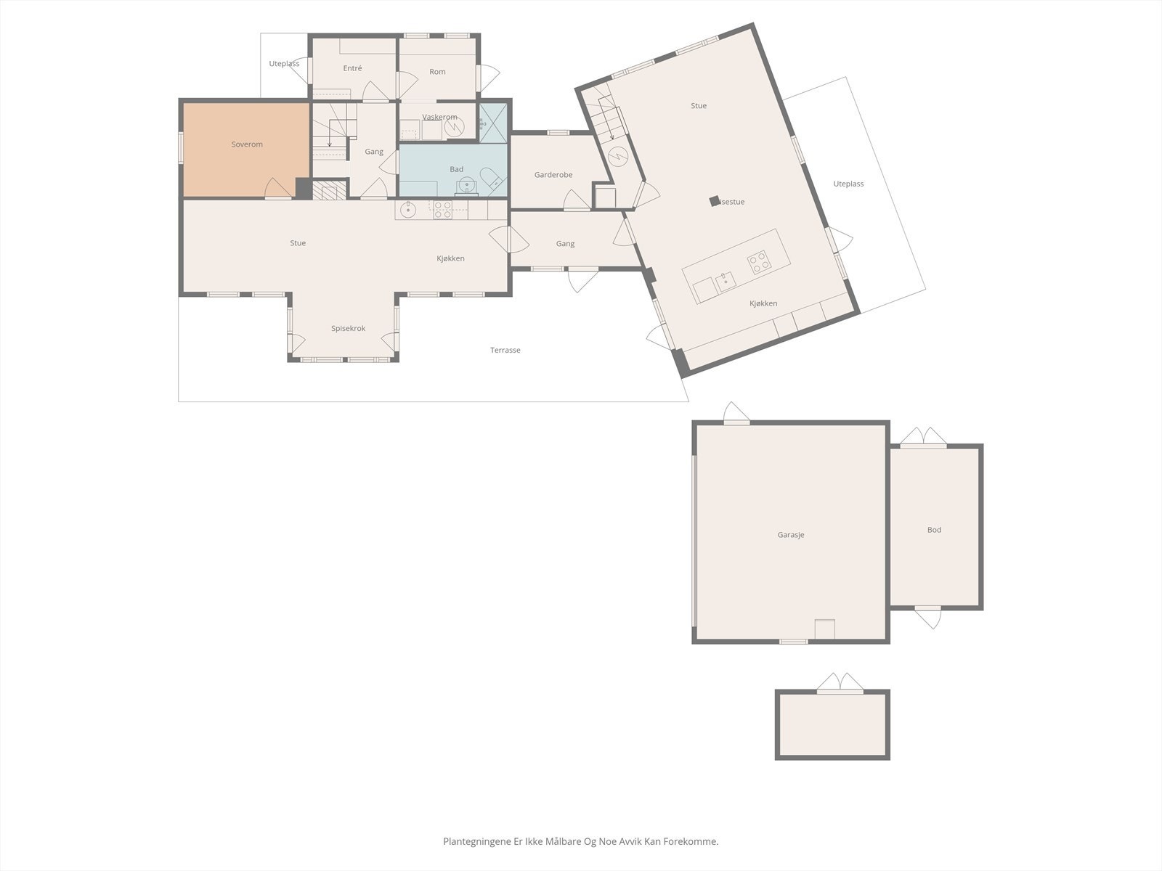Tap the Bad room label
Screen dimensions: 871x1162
point(456,169)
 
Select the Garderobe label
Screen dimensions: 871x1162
point(553,175)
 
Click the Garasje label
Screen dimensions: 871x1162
point(791,535)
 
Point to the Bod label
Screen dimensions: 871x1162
point(934,530)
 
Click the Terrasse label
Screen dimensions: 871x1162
point(505,350)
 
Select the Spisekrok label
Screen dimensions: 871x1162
point(348,328)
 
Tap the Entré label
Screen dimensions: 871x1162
point(352,68)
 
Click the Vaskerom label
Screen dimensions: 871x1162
point(439,117)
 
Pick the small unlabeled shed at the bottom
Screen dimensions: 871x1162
point(832,725)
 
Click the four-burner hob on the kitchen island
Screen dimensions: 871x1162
point(760,261)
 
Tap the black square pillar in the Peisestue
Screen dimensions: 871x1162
point(715,201)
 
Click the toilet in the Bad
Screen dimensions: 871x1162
point(490,179)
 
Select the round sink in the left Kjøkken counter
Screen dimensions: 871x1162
point(408,210)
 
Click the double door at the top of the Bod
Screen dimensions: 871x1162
point(923,438)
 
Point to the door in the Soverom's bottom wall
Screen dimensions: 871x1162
point(277,189)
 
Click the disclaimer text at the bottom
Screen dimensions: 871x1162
point(580,841)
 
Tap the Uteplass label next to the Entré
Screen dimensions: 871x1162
point(284,64)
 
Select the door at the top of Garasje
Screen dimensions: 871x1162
point(736,414)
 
